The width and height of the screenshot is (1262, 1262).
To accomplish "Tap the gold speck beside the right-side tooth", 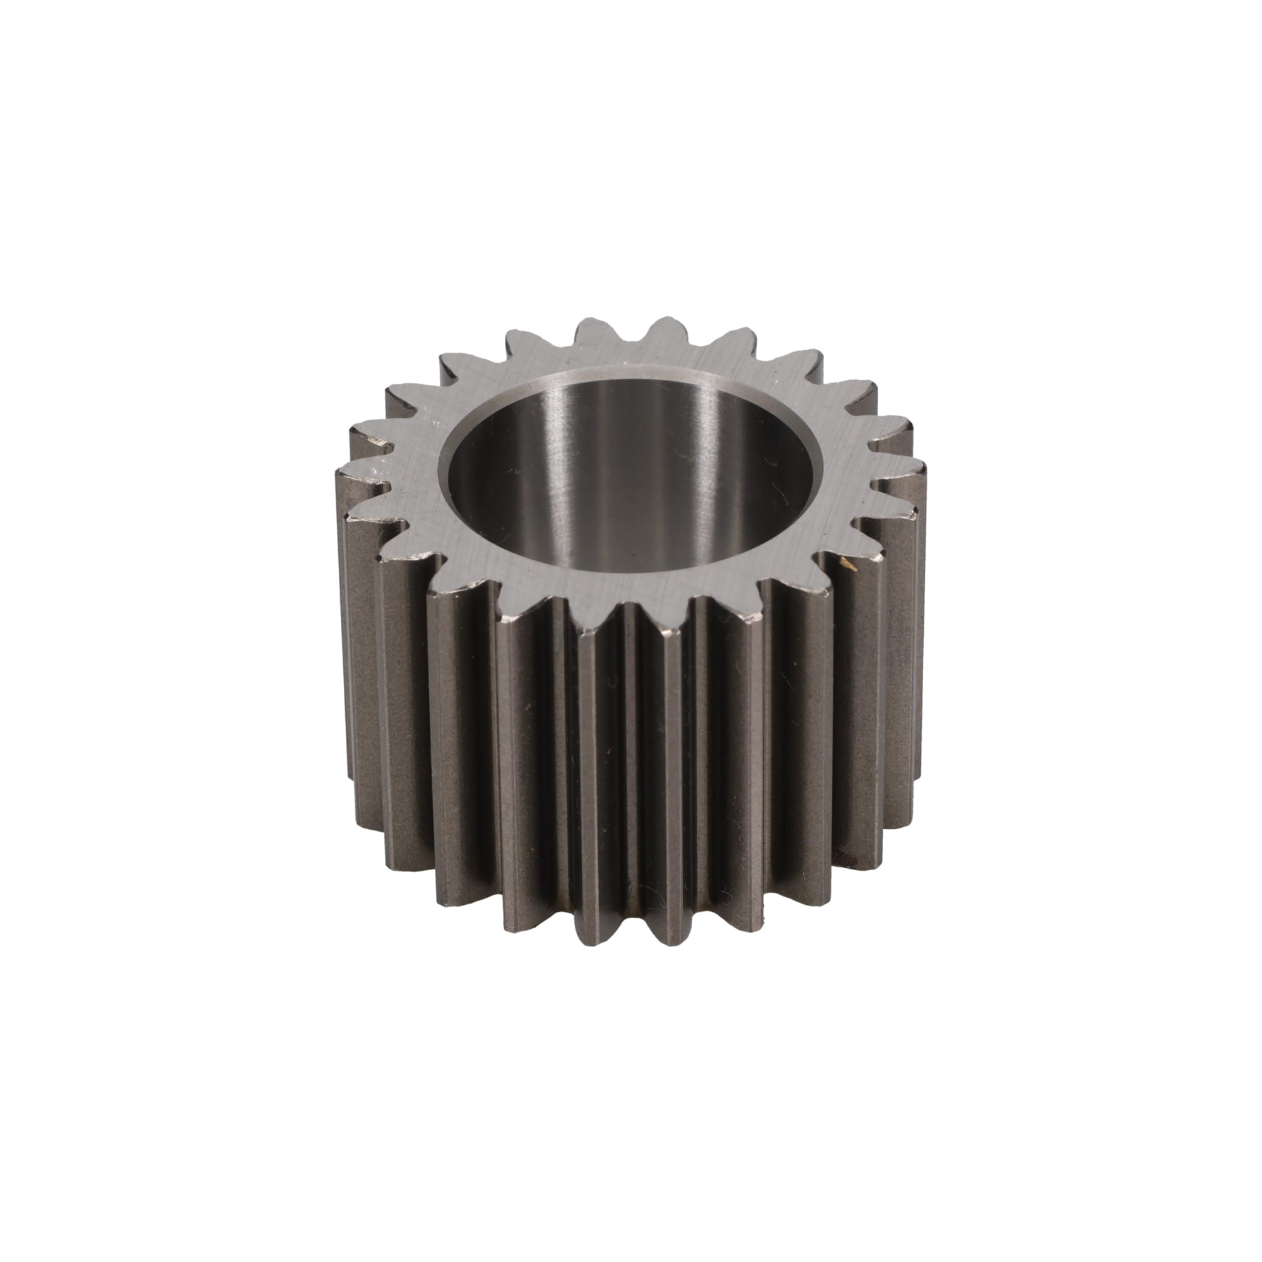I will (847, 563).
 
